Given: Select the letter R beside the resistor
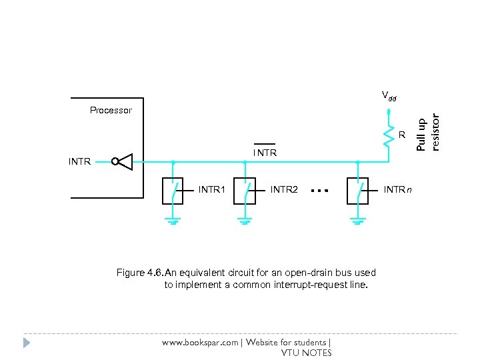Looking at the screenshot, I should coord(402,136).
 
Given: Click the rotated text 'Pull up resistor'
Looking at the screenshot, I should coord(429,131).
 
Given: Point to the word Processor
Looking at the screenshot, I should coord(111,110).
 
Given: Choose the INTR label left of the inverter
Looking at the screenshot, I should coord(79,161).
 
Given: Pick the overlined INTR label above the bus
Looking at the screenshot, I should coord(265,153).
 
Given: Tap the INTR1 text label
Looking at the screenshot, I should coord(212,190).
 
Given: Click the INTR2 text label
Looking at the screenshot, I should coord(284,190).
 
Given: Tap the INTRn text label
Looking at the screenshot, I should coord(398,190).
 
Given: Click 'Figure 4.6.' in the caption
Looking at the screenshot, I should coord(139,273).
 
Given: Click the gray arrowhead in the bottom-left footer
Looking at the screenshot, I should coord(27,343).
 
